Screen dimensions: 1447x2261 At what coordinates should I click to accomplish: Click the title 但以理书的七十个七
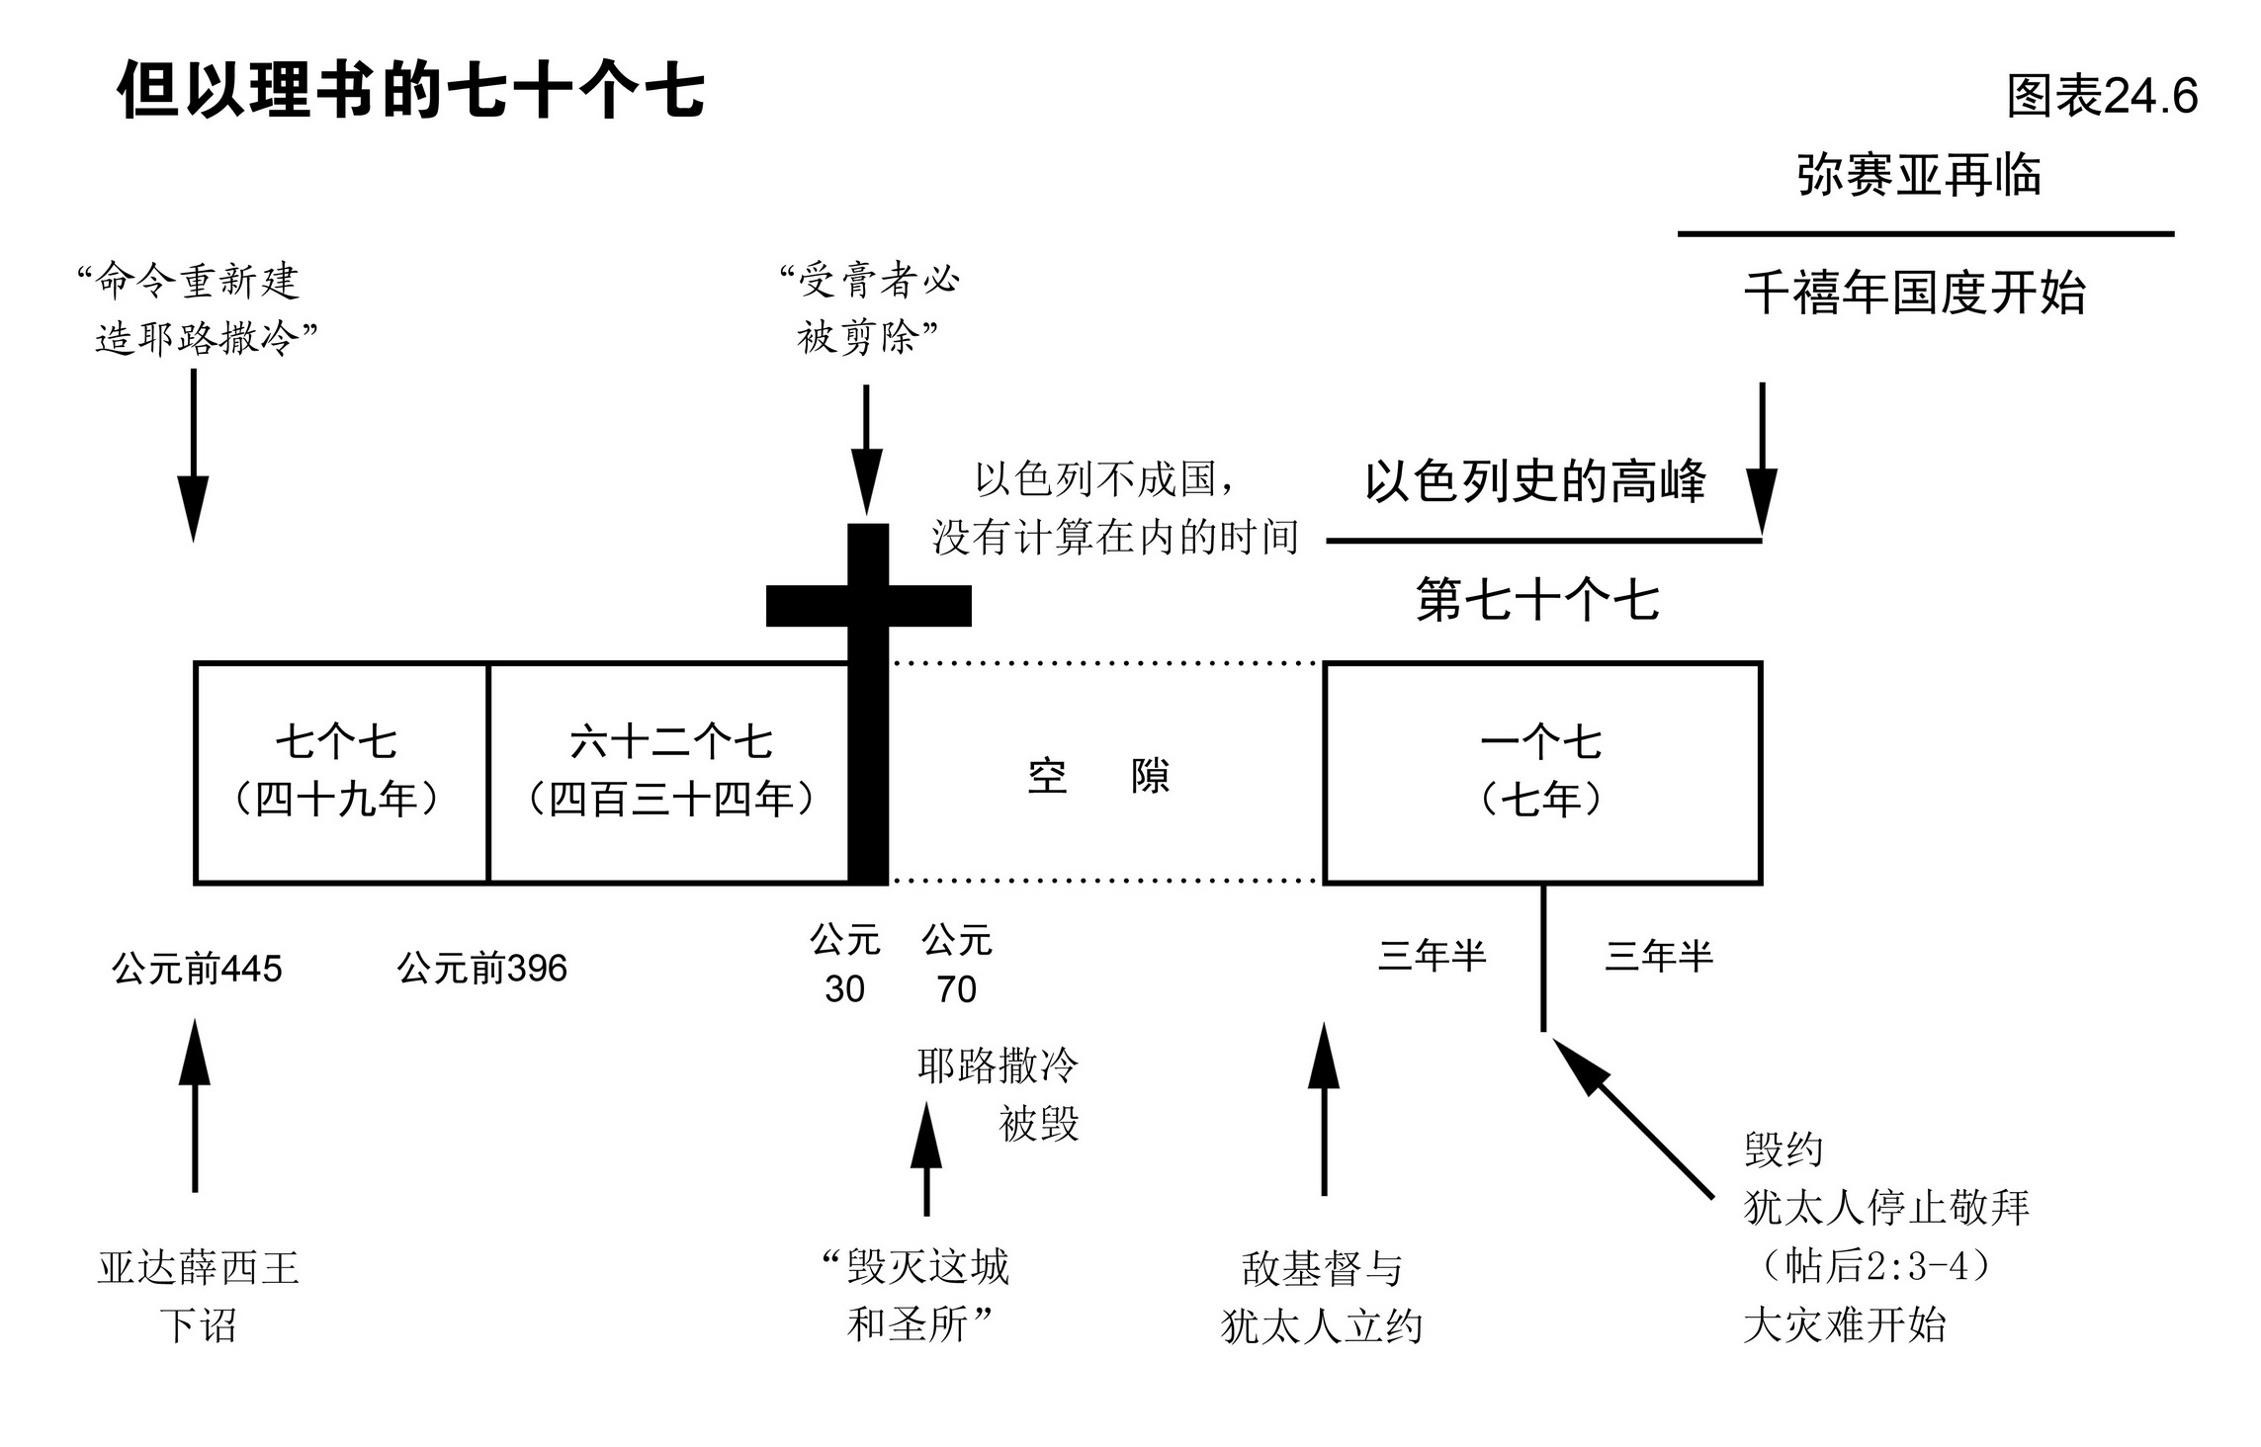(x=410, y=91)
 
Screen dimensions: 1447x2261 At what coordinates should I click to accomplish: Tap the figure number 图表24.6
(x=2102, y=97)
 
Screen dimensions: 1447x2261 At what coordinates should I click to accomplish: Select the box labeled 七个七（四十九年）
(x=338, y=772)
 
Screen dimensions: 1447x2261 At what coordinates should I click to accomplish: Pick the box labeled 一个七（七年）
(x=1541, y=772)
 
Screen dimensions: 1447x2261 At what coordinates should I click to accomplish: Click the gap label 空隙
(x=1098, y=777)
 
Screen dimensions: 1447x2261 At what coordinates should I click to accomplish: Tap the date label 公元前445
(x=197, y=969)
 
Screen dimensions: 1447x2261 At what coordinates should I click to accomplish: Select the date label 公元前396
(x=482, y=969)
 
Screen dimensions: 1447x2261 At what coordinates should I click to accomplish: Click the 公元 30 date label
(x=845, y=964)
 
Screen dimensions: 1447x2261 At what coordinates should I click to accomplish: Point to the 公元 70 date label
(x=956, y=964)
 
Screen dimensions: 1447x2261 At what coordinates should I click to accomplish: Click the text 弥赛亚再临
(x=1918, y=176)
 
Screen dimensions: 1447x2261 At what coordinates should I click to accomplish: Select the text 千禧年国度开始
(x=1914, y=294)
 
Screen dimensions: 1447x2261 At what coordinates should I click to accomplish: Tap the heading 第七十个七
(x=1537, y=600)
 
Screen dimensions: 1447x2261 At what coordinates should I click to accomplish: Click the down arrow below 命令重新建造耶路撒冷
(x=193, y=455)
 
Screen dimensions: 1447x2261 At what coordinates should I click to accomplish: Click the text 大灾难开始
(x=1844, y=1324)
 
